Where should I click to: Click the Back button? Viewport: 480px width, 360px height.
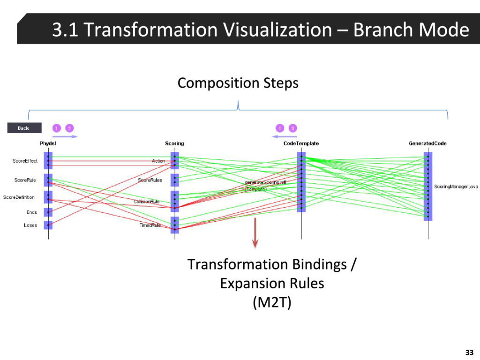tap(24, 128)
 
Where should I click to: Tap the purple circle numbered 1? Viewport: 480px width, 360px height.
tap(56, 128)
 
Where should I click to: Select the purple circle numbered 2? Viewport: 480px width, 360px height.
tap(69, 128)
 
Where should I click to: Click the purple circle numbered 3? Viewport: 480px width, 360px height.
tap(292, 128)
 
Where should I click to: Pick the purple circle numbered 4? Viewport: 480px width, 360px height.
tap(279, 128)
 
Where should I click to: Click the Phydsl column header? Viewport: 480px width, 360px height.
tap(48, 143)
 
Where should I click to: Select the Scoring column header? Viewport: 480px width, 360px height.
tap(174, 143)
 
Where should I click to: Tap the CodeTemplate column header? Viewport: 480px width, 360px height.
tap(301, 143)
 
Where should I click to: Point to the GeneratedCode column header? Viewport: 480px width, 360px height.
tap(427, 143)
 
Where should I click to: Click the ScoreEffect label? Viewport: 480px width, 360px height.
tap(25, 161)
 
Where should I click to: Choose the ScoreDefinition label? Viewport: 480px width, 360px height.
tap(19, 197)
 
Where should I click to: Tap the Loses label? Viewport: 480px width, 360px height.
tap(30, 225)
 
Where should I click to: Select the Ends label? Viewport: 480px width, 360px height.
tap(31, 212)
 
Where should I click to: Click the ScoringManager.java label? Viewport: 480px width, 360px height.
tap(456, 187)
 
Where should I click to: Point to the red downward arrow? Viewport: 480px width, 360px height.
tap(255, 232)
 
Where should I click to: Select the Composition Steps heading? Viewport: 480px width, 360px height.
tap(238, 83)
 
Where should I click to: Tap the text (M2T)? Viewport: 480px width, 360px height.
tap(272, 303)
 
